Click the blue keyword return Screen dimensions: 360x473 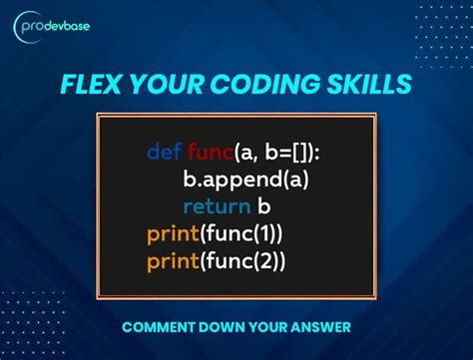216,207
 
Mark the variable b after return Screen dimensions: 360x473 264,207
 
